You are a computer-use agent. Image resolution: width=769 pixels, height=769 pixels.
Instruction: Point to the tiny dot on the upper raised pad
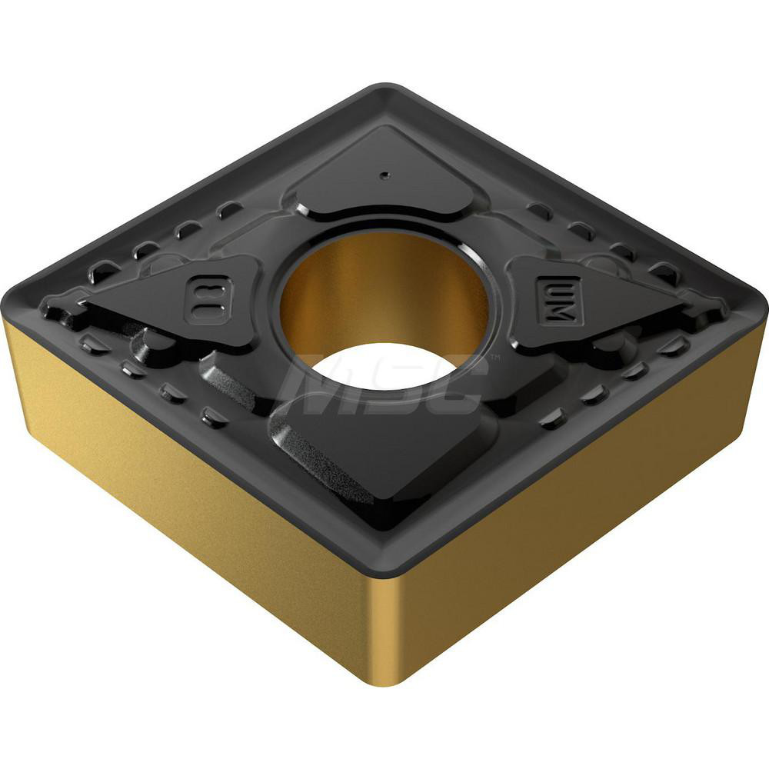383,176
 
